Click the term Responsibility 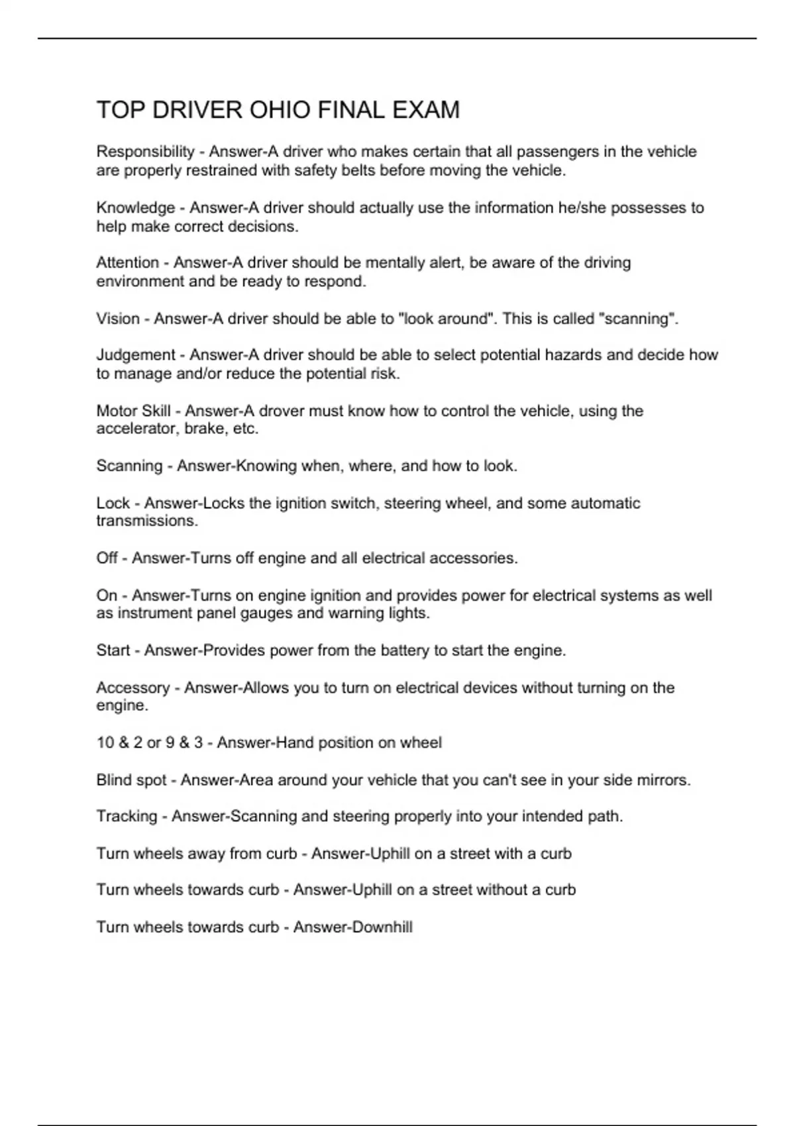[145, 152]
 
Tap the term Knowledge [135, 208]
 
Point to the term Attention [127, 263]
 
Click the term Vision [118, 319]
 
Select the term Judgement [136, 355]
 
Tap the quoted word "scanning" [637, 319]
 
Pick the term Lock [113, 503]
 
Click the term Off [107, 558]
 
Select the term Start [113, 650]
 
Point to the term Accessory [132, 688]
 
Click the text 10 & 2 [119, 742]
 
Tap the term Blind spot [131, 780]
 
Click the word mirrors [662, 780]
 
